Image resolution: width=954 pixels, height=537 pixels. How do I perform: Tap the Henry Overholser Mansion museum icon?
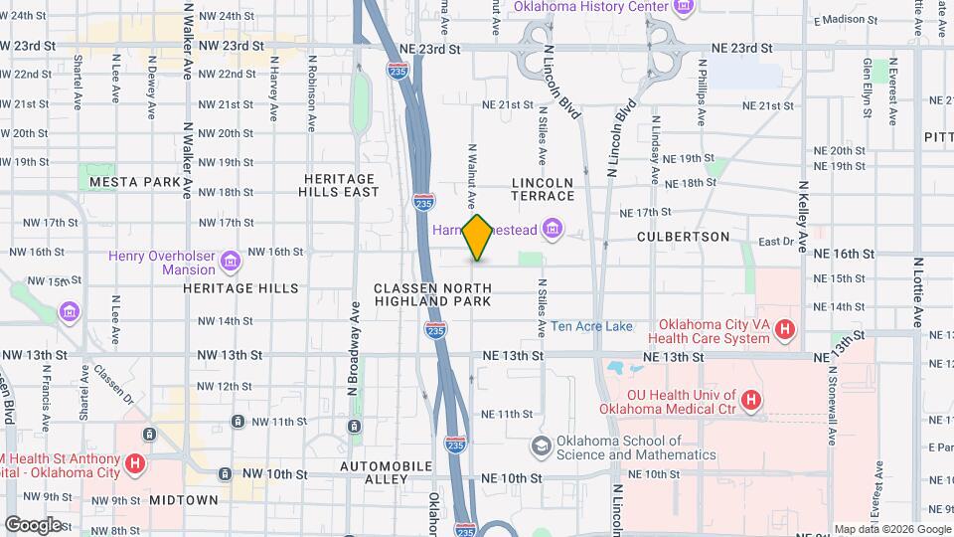[x=231, y=263]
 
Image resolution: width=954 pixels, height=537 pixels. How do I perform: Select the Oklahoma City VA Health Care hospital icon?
[x=785, y=328]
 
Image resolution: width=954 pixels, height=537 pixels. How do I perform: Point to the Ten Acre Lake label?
[x=591, y=326]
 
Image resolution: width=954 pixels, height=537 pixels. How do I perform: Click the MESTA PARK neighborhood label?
[x=135, y=182]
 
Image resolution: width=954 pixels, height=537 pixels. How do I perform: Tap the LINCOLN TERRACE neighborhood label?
[x=543, y=190]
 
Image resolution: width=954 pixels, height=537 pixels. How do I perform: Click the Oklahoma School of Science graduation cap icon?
[x=541, y=445]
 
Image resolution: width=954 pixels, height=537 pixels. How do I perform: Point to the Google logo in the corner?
[x=33, y=524]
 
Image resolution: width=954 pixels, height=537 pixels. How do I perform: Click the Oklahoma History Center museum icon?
[x=683, y=8]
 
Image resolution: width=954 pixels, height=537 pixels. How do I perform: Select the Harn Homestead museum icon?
[x=553, y=231]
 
